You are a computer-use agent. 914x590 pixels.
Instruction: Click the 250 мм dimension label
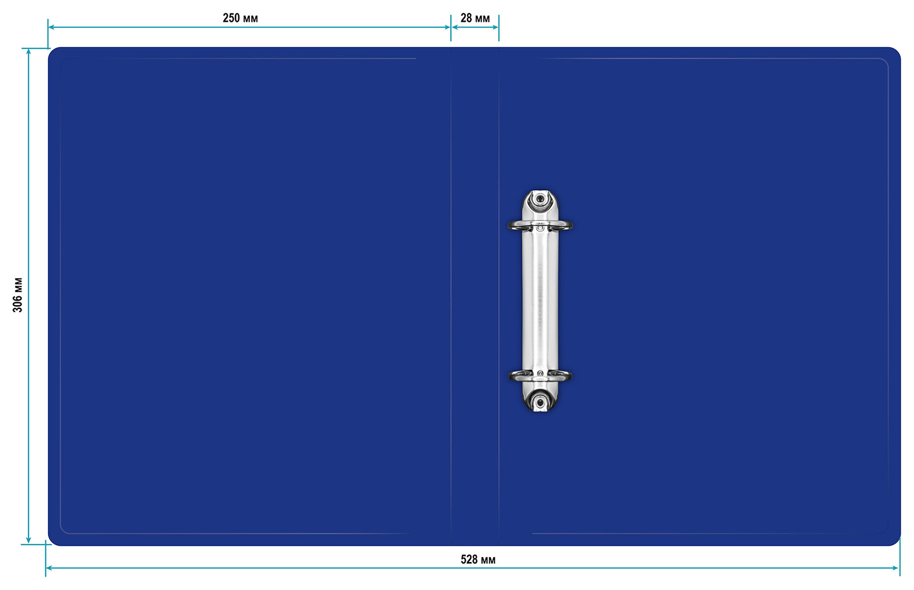point(240,18)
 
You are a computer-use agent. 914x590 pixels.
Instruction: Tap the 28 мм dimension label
point(475,18)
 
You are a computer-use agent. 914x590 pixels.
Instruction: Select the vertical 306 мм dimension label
point(18,295)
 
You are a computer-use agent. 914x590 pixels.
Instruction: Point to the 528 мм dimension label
point(478,560)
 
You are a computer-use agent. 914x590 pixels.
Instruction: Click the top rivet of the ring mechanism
point(540,199)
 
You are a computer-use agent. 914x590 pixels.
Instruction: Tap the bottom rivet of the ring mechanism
point(540,403)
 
